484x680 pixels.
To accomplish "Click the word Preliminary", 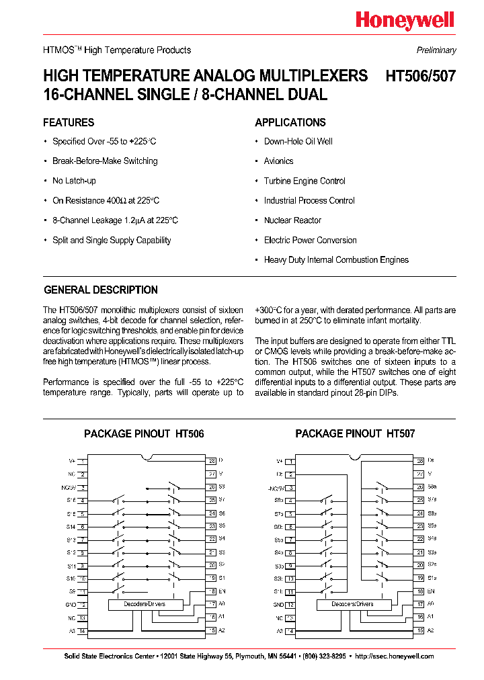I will pos(436,50).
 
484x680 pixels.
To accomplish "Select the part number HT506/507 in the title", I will pos(420,76).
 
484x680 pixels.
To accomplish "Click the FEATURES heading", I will pos(69,123).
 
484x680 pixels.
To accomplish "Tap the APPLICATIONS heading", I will pos(290,123).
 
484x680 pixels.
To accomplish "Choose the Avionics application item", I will pos(278,161).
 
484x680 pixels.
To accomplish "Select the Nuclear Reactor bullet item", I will pos(292,220).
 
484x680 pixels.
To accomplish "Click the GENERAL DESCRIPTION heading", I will pos(101,290).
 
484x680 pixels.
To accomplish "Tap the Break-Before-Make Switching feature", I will pos(105,161).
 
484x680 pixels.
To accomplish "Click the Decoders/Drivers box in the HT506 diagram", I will pos(145,604).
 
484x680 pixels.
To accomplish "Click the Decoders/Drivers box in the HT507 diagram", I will pos(352,604).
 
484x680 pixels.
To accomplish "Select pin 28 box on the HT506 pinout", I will pos(212,461).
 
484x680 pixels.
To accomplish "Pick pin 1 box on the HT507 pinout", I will pos(290,461).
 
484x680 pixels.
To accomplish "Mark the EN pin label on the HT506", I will pos(222,591).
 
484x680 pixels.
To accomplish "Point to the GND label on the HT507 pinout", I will pos(278,604).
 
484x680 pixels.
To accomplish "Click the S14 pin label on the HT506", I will pos(71,527).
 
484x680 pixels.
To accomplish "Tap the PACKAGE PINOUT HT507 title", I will pos(355,434).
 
